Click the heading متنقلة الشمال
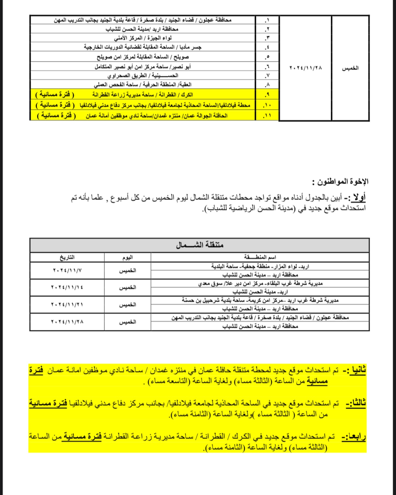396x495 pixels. [x=200, y=245]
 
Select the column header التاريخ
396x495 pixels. [x=67, y=257]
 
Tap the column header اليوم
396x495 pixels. [x=128, y=257]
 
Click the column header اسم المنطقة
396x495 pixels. [x=260, y=257]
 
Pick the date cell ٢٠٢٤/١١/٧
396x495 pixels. [x=67, y=270]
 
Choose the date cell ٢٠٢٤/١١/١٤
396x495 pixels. [x=67, y=288]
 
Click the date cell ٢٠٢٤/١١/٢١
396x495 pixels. [x=67, y=305]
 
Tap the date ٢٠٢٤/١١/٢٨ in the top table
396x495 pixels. [x=306, y=68]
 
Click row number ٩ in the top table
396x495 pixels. [x=267, y=95]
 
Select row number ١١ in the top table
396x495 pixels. [x=267, y=116]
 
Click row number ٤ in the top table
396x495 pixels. [x=267, y=47]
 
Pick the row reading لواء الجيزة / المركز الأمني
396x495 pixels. [x=143, y=38]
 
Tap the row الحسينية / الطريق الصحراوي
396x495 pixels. [x=143, y=75]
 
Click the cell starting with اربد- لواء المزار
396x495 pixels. [x=260, y=266]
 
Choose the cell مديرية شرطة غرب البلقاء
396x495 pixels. [x=260, y=283]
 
